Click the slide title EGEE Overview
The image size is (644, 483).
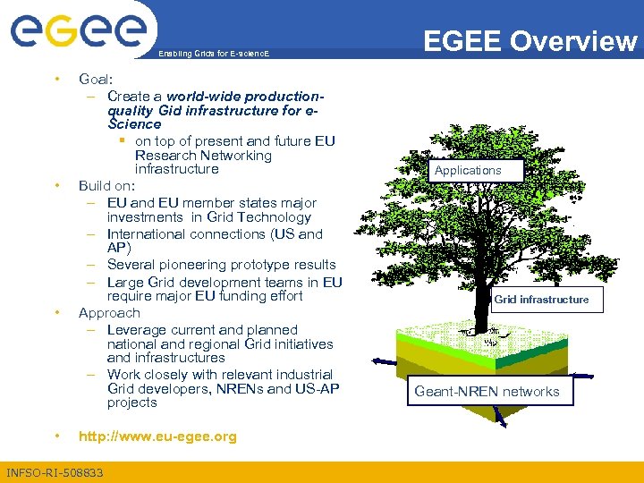coord(530,41)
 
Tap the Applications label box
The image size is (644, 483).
coord(468,170)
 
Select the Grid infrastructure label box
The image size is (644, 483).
coord(541,300)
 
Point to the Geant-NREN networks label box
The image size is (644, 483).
coord(487,391)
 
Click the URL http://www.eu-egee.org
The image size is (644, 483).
coord(157,436)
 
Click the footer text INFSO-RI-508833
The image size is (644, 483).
coord(54,472)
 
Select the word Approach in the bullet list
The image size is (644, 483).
coord(109,313)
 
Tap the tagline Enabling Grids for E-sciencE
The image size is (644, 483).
coord(213,55)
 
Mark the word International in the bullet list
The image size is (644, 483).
coord(148,234)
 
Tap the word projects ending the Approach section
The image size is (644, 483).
coord(131,402)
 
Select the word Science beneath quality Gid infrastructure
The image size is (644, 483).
coord(134,124)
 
